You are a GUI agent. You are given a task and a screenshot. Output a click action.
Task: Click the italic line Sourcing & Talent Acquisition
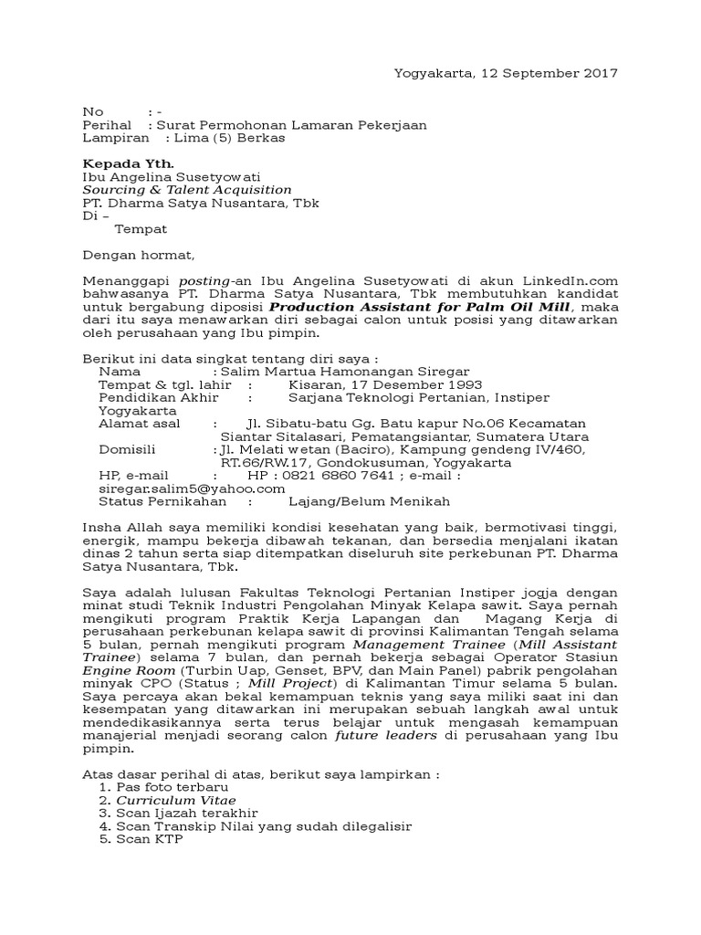coord(187,190)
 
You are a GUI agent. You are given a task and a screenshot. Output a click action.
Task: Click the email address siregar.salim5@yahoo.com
coord(182,489)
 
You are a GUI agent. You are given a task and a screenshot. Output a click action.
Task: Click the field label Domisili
coord(127,449)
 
